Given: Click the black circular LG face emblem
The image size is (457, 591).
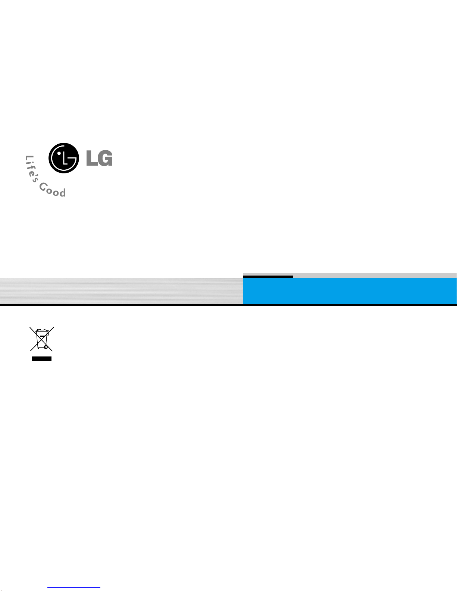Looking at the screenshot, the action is pyautogui.click(x=64, y=158).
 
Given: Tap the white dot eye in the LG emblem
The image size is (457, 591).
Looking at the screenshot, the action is pyautogui.click(x=59, y=153).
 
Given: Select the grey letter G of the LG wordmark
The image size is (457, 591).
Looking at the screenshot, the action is pyautogui.click(x=105, y=158).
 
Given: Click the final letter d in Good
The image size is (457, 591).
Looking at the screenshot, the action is pyautogui.click(x=63, y=192).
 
